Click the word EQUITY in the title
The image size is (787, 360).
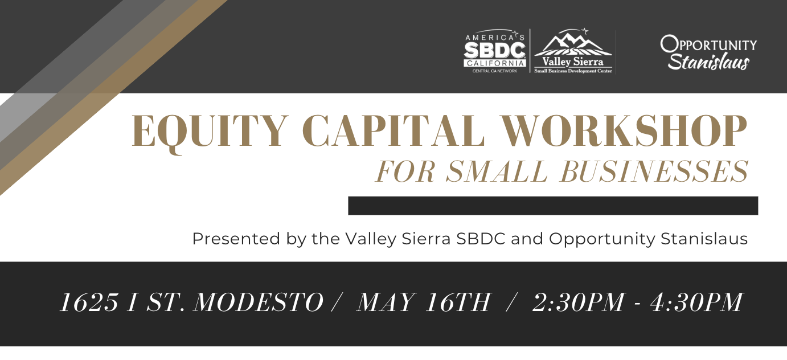(210, 131)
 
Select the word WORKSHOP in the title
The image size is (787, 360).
(624, 130)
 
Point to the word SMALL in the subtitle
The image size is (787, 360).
(497, 171)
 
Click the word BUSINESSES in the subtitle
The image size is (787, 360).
(654, 171)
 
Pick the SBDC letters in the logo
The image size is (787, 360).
(495, 51)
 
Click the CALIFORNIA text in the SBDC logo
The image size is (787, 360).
(495, 63)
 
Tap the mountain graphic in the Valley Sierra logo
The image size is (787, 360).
(573, 42)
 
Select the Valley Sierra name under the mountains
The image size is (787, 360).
(573, 62)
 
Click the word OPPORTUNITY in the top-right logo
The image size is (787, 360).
(708, 44)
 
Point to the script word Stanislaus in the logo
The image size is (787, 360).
(708, 63)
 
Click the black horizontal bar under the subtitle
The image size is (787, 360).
(553, 206)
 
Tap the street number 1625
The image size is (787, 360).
(89, 302)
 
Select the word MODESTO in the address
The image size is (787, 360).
(259, 302)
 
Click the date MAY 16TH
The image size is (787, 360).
(423, 302)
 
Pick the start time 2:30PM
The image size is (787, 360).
(579, 302)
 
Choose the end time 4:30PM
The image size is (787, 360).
(696, 302)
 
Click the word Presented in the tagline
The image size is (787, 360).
(236, 239)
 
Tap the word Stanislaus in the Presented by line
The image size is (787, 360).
(704, 239)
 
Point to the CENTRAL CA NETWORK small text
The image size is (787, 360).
(495, 71)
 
